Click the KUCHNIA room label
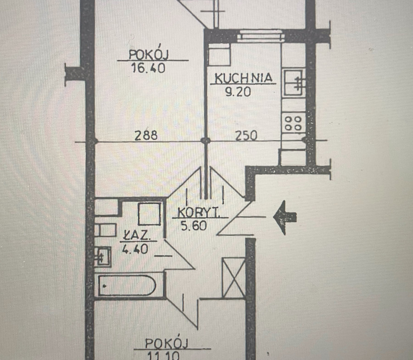pos(243,78)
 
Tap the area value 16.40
pos(148,68)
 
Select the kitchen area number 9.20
pos(238,92)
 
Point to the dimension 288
pos(146,135)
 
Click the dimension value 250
pos(246,136)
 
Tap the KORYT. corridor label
pos(199,212)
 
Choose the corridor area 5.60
pos(194,226)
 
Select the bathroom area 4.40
pos(135,249)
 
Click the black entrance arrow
pos(285,217)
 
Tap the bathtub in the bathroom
pos(127,285)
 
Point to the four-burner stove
pos(293,123)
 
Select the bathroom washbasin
pos(103,256)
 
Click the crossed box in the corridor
pos(234,277)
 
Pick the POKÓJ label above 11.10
pos(167,343)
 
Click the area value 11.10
pos(163,356)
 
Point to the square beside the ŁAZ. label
pos(150,214)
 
